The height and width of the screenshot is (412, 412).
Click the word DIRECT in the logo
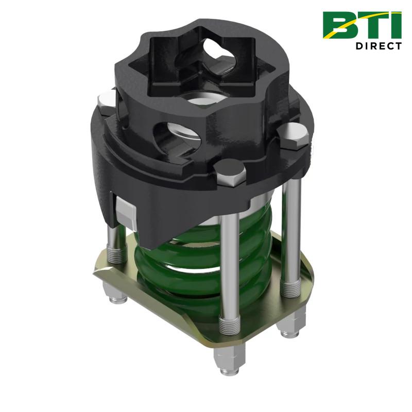(x=378, y=45)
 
